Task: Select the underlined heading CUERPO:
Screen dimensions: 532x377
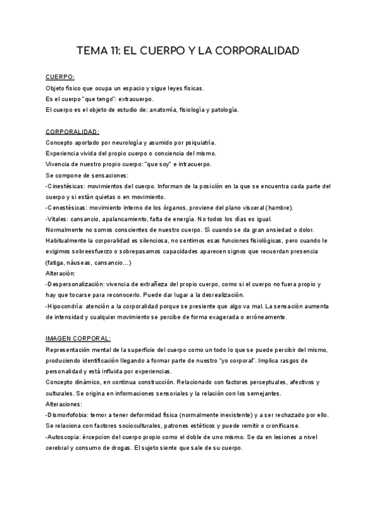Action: click(x=60, y=77)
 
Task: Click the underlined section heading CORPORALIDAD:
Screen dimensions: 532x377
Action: click(x=73, y=132)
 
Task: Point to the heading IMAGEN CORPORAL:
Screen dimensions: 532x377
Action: click(x=79, y=338)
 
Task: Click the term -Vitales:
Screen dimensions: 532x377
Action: click(x=58, y=219)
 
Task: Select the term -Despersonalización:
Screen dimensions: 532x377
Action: click(x=78, y=284)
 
